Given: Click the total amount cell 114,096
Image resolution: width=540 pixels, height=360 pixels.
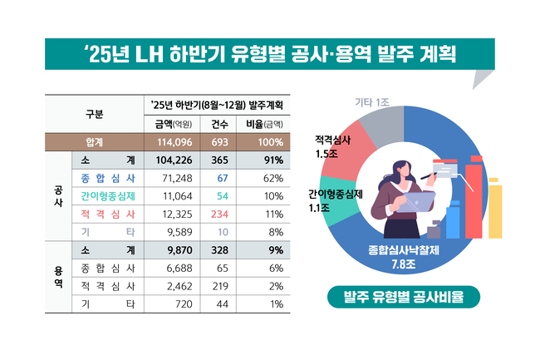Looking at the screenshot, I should pos(170,142).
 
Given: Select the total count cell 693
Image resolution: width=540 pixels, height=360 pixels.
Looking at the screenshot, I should pos(220,142).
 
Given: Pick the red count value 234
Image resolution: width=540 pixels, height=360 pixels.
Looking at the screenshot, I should pos(220,215).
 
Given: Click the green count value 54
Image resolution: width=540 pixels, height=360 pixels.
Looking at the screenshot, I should pos(222,196).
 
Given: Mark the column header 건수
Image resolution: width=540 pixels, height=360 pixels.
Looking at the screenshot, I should pos(220,124).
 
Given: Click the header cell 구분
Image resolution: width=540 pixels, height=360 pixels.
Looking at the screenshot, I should pos(95,115).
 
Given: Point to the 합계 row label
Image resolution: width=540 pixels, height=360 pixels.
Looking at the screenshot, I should pos(95,142).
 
